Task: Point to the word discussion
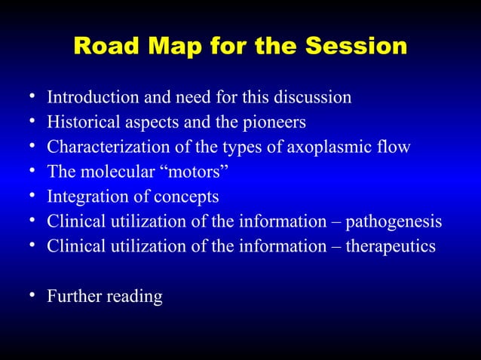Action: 311,98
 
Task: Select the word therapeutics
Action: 391,246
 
